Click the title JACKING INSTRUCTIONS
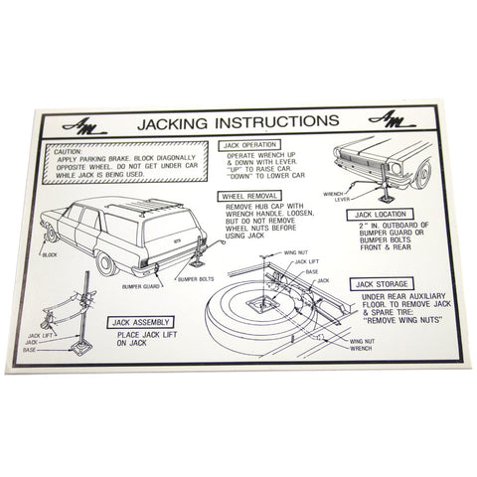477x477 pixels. click(239, 121)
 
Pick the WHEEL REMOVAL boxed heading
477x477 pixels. click(248, 196)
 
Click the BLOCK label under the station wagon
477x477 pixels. click(51, 255)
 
